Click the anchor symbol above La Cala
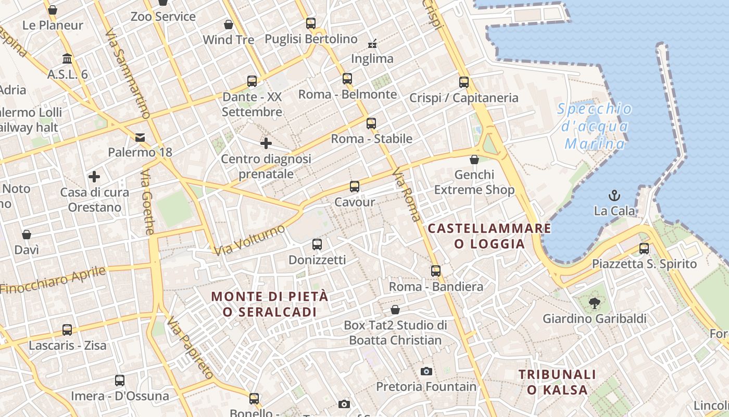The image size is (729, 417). click(x=614, y=196)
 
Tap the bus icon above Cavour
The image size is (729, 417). click(x=355, y=187)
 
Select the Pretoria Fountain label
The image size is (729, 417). click(x=426, y=387)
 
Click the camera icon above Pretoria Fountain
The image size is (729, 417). click(x=426, y=371)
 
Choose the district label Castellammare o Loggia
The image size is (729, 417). click(x=489, y=236)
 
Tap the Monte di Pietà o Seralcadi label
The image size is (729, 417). click(x=270, y=304)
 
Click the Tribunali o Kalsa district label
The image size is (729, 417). click(x=557, y=382)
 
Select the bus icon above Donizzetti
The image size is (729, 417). click(x=317, y=244)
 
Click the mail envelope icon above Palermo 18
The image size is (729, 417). click(x=140, y=138)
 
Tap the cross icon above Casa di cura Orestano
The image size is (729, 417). click(x=94, y=177)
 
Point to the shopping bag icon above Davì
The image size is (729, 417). click(x=27, y=235)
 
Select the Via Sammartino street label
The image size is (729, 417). click(x=128, y=73)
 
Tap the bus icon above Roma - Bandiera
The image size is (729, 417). click(x=436, y=271)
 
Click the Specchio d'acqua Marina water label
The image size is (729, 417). click(x=595, y=126)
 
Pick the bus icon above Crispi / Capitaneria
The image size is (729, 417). click(x=463, y=82)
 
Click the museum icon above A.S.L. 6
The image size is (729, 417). click(x=67, y=58)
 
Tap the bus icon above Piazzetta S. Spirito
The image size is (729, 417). click(x=644, y=249)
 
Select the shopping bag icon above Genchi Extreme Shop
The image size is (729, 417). click(x=474, y=160)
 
